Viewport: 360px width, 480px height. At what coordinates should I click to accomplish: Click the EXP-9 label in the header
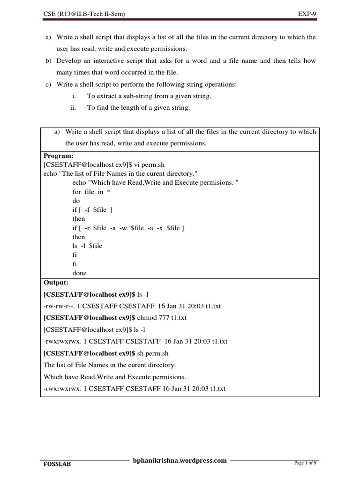(307, 15)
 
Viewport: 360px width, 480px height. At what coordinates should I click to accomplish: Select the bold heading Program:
(59, 155)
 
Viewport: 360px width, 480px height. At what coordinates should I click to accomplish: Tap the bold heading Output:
(56, 283)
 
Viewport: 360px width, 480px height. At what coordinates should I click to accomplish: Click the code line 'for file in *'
(91, 192)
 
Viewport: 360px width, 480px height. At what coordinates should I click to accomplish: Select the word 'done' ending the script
(79, 273)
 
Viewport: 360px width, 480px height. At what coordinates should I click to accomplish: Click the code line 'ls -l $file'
(87, 246)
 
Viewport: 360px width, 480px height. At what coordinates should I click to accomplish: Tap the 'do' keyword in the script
(76, 201)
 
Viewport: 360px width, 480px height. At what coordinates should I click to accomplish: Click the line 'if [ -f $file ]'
(92, 210)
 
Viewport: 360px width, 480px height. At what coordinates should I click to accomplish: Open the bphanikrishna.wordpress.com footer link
(180, 460)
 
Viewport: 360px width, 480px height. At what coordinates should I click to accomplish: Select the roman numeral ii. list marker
(73, 108)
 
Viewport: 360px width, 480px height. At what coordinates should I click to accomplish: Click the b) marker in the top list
(48, 61)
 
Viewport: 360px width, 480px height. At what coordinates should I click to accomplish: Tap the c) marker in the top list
(48, 84)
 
